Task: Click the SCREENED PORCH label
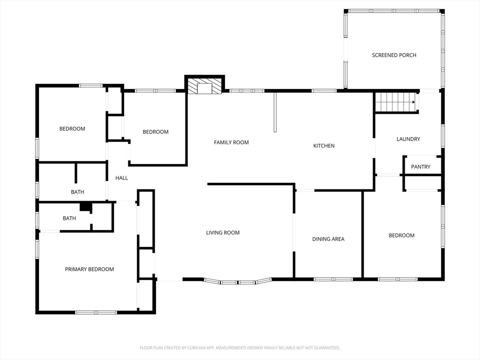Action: pyautogui.click(x=394, y=55)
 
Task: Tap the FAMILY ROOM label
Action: pyautogui.click(x=231, y=142)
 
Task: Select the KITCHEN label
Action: pyautogui.click(x=324, y=146)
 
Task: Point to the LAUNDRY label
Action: pyautogui.click(x=408, y=139)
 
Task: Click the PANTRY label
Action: pyautogui.click(x=420, y=167)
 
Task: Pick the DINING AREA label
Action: pyautogui.click(x=328, y=239)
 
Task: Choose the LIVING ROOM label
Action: pyautogui.click(x=223, y=232)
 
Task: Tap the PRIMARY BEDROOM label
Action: pyautogui.click(x=90, y=270)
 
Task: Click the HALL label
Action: pyautogui.click(x=121, y=178)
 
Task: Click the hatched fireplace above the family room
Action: pyautogui.click(x=204, y=86)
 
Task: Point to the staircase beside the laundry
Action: pyautogui.click(x=396, y=102)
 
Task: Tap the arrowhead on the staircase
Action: pyautogui.click(x=413, y=102)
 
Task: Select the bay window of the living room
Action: pyautogui.click(x=238, y=281)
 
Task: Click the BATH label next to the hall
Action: pyautogui.click(x=77, y=192)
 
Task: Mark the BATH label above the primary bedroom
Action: pyautogui.click(x=69, y=218)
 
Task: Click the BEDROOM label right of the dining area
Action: pyautogui.click(x=402, y=235)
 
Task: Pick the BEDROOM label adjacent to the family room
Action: pyautogui.click(x=156, y=132)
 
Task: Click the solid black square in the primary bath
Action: pyautogui.click(x=86, y=207)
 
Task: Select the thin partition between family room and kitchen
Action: pyautogui.click(x=275, y=112)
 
